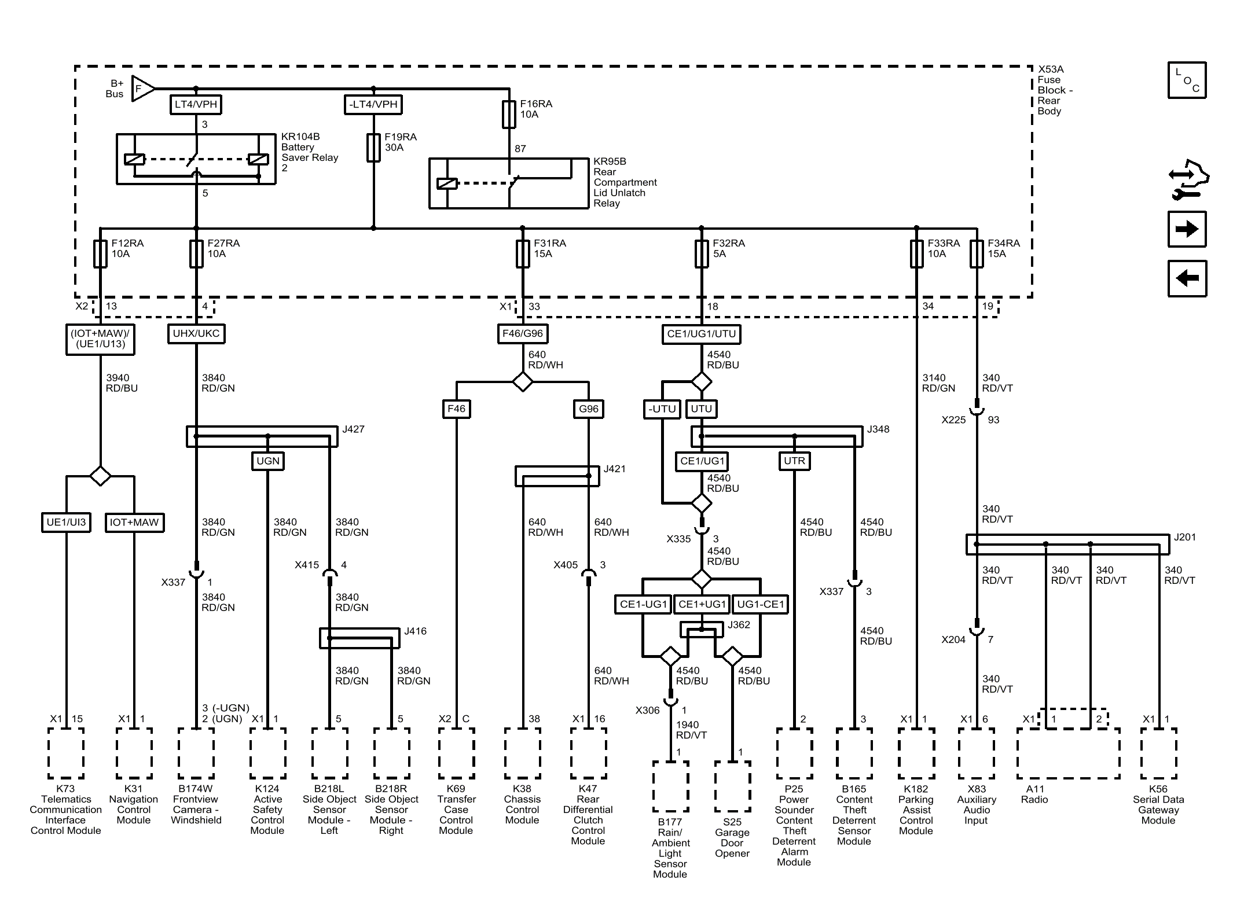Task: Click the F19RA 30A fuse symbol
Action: click(x=373, y=148)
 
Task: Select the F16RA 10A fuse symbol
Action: click(x=509, y=114)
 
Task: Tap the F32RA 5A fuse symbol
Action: click(x=702, y=253)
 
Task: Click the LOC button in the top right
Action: click(x=1187, y=80)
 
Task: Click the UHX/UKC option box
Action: click(x=196, y=334)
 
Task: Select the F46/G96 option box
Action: click(x=523, y=334)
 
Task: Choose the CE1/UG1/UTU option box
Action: click(x=702, y=334)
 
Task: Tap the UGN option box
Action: click(x=268, y=461)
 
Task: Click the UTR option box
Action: click(x=794, y=461)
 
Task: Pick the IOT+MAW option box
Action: click(x=134, y=523)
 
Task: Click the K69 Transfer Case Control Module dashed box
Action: click(x=457, y=753)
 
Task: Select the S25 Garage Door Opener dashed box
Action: click(x=732, y=786)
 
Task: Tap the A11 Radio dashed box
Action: click(x=1068, y=753)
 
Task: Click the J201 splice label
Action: click(x=1185, y=538)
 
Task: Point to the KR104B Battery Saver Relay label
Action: click(x=310, y=152)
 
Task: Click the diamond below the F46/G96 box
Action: click(x=523, y=382)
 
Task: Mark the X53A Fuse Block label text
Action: click(x=1055, y=90)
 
